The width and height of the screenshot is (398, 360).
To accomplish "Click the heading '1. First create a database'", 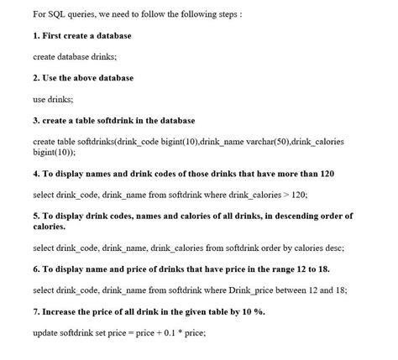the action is pos(81,36).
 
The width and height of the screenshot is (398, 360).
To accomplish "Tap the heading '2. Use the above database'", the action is pos(82,78).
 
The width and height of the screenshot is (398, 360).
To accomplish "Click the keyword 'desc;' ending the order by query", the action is pos(333,248).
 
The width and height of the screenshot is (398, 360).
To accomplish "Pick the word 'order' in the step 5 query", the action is pos(269,248).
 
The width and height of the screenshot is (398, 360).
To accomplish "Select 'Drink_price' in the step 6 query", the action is pos(253,290).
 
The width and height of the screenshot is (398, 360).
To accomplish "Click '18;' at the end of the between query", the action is pos(342,290).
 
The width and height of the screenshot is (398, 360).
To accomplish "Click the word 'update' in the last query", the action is pos(47,333).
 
